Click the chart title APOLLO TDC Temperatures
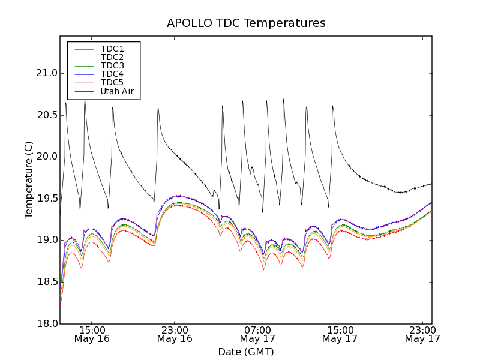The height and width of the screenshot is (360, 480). point(246,23)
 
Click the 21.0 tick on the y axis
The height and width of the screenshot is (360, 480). point(46,73)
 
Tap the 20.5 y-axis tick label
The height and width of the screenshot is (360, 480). point(46,115)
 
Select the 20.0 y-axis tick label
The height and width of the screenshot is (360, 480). point(46,157)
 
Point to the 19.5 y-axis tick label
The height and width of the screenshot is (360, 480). point(46,199)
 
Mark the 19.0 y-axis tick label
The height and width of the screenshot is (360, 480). point(46,240)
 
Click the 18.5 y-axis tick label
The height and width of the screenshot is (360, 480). point(46,282)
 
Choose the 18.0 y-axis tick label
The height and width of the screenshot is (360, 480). point(46,323)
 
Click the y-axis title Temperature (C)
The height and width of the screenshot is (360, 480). point(29,180)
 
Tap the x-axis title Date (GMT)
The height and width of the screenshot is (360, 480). point(246,352)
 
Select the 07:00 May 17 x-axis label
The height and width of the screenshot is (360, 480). point(257,334)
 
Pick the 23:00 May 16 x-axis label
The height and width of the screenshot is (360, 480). point(175,334)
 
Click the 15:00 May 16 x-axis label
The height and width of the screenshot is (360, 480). point(92,334)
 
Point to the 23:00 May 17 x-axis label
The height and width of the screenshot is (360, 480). point(422,334)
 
